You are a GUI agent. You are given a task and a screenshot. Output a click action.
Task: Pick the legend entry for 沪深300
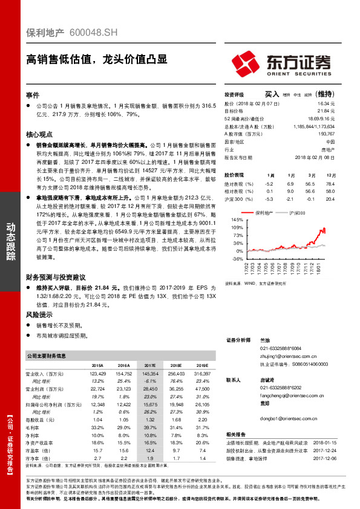click(x=296, y=213)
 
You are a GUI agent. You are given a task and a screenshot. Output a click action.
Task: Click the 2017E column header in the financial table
click(x=150, y=366)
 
